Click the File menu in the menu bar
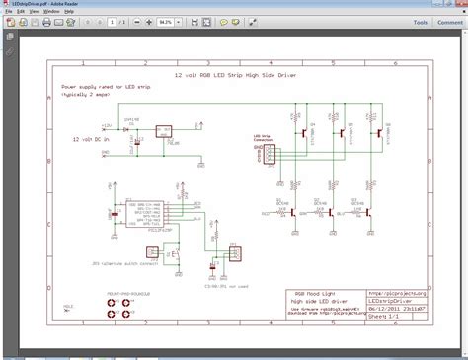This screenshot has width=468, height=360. point(9,11)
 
